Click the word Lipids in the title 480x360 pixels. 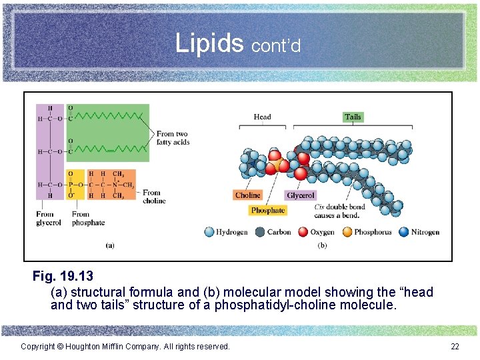210,43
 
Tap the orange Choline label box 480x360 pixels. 247,195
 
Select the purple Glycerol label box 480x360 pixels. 300,195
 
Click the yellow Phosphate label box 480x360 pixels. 268,211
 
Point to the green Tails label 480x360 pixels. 353,117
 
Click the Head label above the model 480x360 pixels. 262,117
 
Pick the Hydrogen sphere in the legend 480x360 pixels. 210,232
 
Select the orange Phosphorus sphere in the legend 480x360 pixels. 347,232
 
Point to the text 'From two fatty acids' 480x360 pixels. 173,138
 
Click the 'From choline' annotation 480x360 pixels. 154,197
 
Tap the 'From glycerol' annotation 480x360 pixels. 49,219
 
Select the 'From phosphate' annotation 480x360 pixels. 88,219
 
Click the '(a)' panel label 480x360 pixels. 110,245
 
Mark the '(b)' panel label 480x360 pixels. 323,245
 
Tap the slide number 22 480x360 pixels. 455,346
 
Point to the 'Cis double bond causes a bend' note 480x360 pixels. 339,211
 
